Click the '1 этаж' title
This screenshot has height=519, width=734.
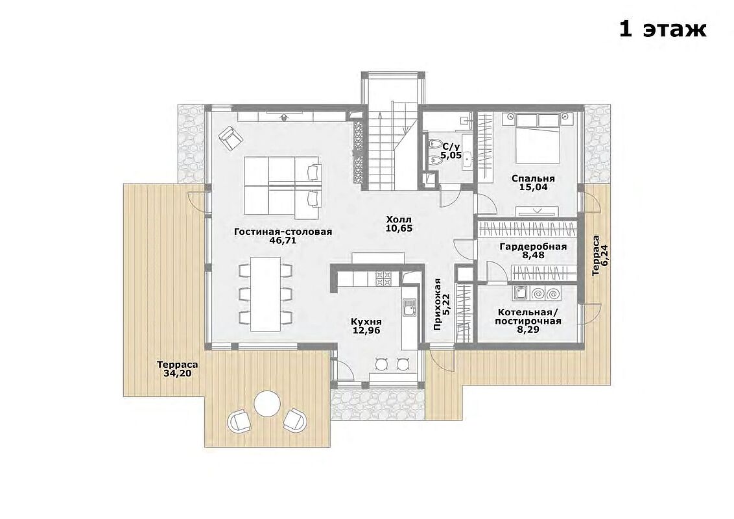click(x=663, y=29)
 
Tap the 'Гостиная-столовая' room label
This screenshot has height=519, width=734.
click(x=283, y=232)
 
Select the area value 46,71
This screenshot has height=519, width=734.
click(x=283, y=241)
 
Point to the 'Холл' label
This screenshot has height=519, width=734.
click(x=399, y=219)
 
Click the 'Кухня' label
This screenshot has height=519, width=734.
click(x=366, y=322)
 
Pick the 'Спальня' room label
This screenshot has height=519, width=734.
click(x=533, y=178)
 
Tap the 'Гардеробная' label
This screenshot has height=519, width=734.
click(x=533, y=247)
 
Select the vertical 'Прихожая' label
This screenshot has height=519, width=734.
click(x=438, y=304)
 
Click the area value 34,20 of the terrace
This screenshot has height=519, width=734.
click(x=178, y=374)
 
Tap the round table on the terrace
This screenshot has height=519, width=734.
click(x=267, y=404)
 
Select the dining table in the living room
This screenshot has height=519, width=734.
click(x=265, y=293)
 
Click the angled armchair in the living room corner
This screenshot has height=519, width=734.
click(x=231, y=138)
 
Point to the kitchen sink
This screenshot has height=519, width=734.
click(x=408, y=311)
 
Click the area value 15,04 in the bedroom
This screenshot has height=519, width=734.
click(x=533, y=187)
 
